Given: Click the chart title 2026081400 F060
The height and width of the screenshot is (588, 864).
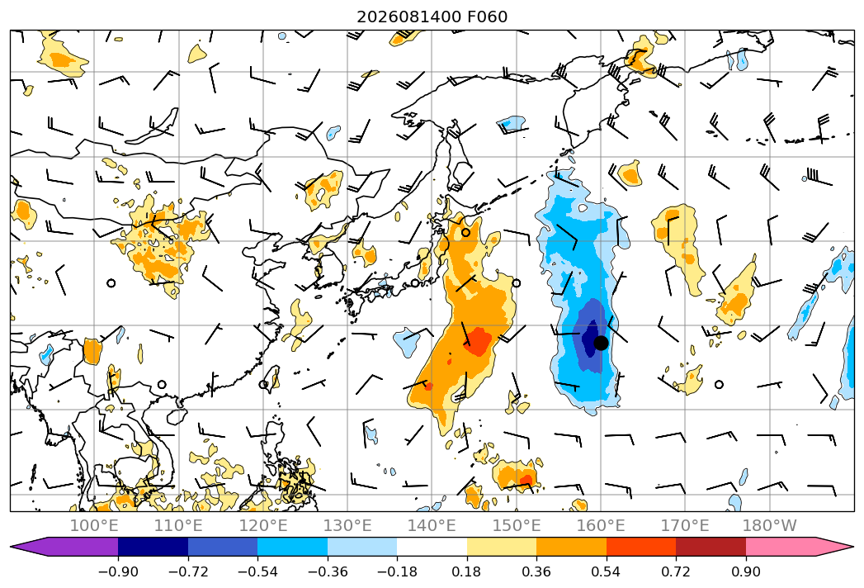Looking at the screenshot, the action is (432, 17).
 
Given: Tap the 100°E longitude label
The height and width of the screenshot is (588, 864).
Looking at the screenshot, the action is (94, 525).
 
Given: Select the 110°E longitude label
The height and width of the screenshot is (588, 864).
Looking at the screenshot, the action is (178, 525).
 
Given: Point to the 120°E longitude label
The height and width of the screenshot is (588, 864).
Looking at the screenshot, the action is (263, 525).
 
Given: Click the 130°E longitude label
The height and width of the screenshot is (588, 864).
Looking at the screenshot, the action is (347, 525).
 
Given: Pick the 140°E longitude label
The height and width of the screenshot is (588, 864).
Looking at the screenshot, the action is (432, 525).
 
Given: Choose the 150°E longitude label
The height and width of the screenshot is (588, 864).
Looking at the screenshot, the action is (517, 525).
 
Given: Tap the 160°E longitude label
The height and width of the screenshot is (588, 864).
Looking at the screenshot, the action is (601, 525).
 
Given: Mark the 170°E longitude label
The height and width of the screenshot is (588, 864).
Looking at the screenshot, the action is (685, 525).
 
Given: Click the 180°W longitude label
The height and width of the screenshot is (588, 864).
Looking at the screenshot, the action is (770, 525).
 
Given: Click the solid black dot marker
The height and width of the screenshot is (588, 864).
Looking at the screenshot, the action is (601, 343).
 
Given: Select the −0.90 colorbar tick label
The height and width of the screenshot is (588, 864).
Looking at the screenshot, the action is (118, 572).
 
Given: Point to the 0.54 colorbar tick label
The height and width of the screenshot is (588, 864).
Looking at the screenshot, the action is (607, 572).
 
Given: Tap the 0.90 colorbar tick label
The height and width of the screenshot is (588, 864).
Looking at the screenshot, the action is (745, 572).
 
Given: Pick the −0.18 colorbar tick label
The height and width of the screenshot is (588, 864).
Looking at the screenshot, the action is (397, 572).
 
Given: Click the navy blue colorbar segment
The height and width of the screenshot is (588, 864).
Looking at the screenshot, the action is (153, 546).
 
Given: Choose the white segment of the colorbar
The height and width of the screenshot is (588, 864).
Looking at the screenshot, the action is (432, 546).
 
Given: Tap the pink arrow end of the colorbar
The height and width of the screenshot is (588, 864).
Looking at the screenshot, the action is (799, 546).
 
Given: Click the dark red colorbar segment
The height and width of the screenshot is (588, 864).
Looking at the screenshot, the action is (711, 546).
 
